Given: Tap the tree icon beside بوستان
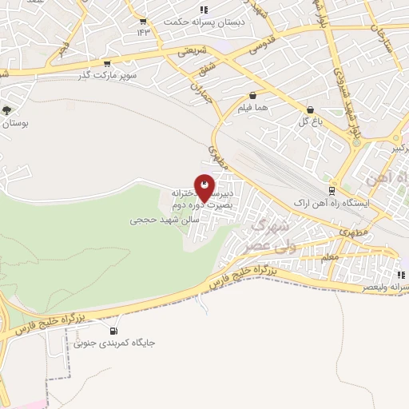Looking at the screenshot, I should point(6,111).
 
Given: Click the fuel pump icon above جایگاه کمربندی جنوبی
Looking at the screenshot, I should point(113,331).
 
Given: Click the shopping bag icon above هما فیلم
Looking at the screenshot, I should point(252,93).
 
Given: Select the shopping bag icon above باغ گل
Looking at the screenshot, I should point(310,110).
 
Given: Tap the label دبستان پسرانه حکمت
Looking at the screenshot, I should point(191,22).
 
